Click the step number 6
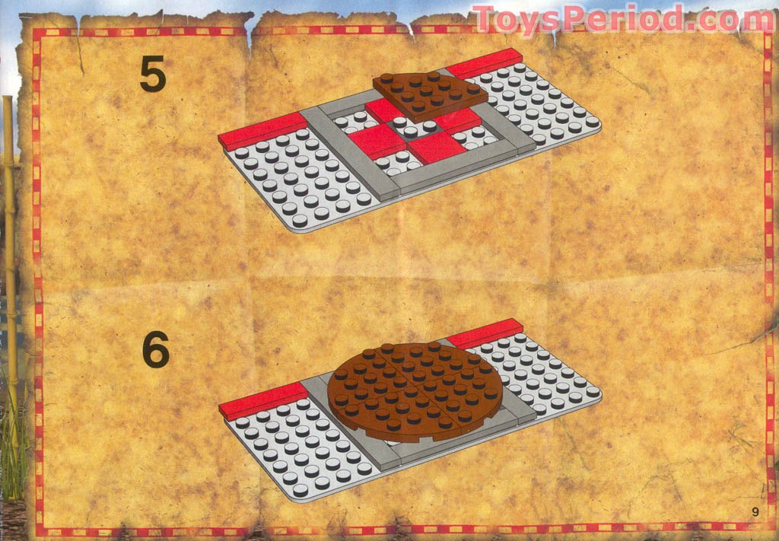click(155, 351)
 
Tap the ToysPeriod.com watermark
click(622, 19)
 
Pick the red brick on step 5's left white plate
click(262, 129)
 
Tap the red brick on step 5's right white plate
click(485, 63)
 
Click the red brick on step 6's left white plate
click(262, 400)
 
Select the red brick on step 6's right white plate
click(485, 333)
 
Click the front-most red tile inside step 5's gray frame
click(436, 146)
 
